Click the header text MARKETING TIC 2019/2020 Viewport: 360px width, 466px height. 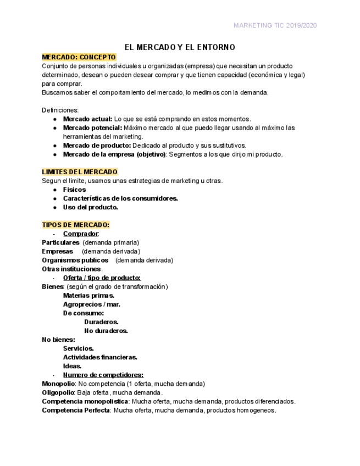[x=275, y=25]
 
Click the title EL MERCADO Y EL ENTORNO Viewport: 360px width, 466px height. [x=180, y=47]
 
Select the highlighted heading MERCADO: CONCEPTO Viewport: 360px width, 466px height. [x=79, y=57]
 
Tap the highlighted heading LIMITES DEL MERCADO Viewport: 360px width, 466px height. [x=80, y=172]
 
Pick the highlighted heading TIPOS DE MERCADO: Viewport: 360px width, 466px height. [x=76, y=225]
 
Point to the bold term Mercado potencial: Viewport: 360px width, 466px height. [x=92, y=127]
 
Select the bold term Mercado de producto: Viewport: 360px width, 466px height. [x=97, y=146]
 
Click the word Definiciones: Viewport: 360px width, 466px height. [x=60, y=110]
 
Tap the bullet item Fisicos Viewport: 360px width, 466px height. [x=74, y=190]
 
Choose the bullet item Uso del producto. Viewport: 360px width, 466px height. [x=90, y=207]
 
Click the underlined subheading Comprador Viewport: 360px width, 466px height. [x=80, y=234]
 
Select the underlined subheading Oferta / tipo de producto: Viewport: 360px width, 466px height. [x=102, y=278]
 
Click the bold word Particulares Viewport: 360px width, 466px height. [x=60, y=242]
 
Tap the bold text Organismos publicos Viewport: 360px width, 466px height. [x=75, y=260]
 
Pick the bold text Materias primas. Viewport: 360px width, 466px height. [x=88, y=295]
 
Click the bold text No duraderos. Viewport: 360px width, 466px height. [x=106, y=331]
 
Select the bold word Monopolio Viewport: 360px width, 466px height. [x=58, y=384]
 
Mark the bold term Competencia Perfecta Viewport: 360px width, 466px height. [x=76, y=410]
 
